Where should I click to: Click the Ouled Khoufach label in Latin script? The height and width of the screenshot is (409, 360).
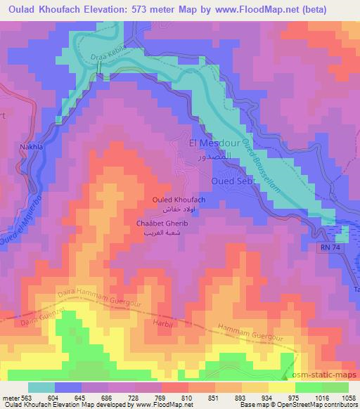(179, 200)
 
